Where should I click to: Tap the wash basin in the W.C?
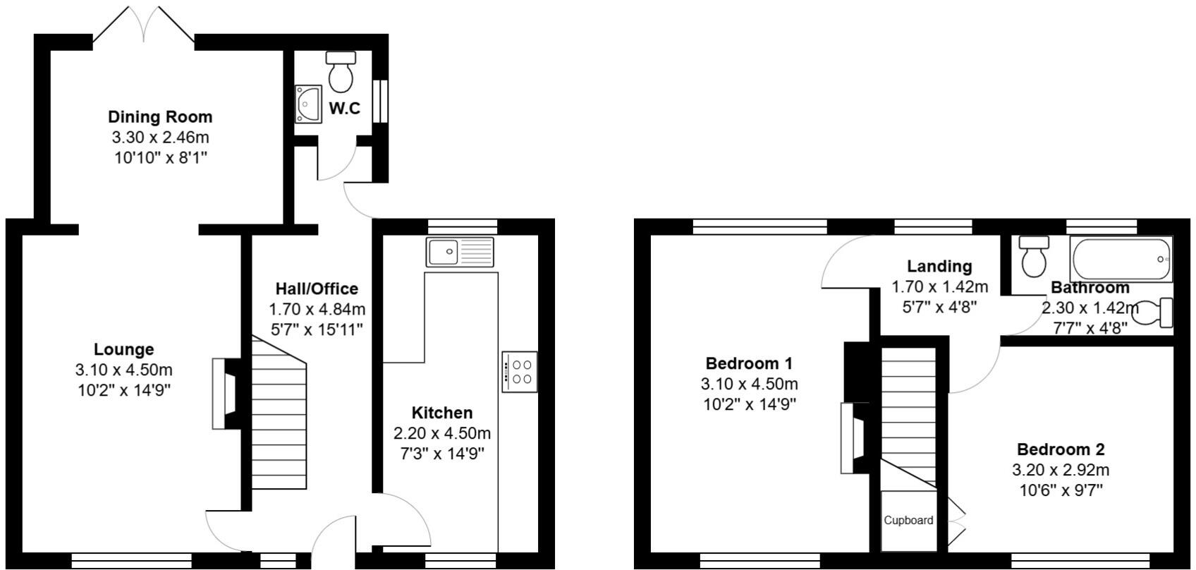[308, 104]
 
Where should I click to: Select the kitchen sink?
[460, 251]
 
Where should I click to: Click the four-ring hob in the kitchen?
[520, 372]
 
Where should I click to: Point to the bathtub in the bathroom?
[1120, 259]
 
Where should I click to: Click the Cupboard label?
[908, 521]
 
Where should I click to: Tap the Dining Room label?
[160, 116]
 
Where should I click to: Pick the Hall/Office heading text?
[317, 289]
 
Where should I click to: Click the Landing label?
[939, 266]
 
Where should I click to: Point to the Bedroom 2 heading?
[1061, 449]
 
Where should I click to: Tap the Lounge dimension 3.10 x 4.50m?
[123, 370]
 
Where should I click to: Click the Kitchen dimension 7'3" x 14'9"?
[442, 454]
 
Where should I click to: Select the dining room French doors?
[144, 27]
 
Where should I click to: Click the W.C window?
[381, 101]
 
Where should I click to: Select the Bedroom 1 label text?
[749, 363]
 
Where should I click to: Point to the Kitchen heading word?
[442, 413]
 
